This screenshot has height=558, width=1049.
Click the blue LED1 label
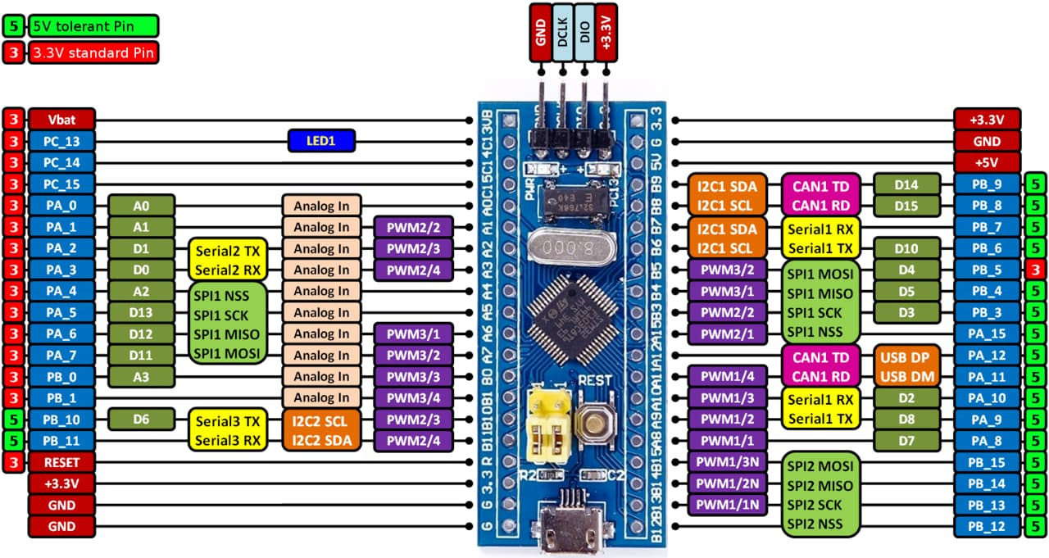point(321,141)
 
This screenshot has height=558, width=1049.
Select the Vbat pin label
point(61,119)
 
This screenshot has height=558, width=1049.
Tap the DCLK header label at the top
point(562,32)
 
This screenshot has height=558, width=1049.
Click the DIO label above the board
point(584,32)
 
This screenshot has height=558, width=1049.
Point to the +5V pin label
point(987,161)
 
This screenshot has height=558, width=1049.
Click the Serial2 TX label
point(226,249)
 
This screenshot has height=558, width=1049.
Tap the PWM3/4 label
point(413,398)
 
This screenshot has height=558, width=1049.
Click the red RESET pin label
point(61,462)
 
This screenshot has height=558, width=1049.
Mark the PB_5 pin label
point(987,269)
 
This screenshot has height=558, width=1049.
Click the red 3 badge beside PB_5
point(1036,269)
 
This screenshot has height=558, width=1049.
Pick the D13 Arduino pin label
point(140,312)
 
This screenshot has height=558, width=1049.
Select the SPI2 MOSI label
point(820,465)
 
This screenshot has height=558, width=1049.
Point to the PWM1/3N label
point(728,462)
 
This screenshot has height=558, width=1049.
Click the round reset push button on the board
point(593,422)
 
